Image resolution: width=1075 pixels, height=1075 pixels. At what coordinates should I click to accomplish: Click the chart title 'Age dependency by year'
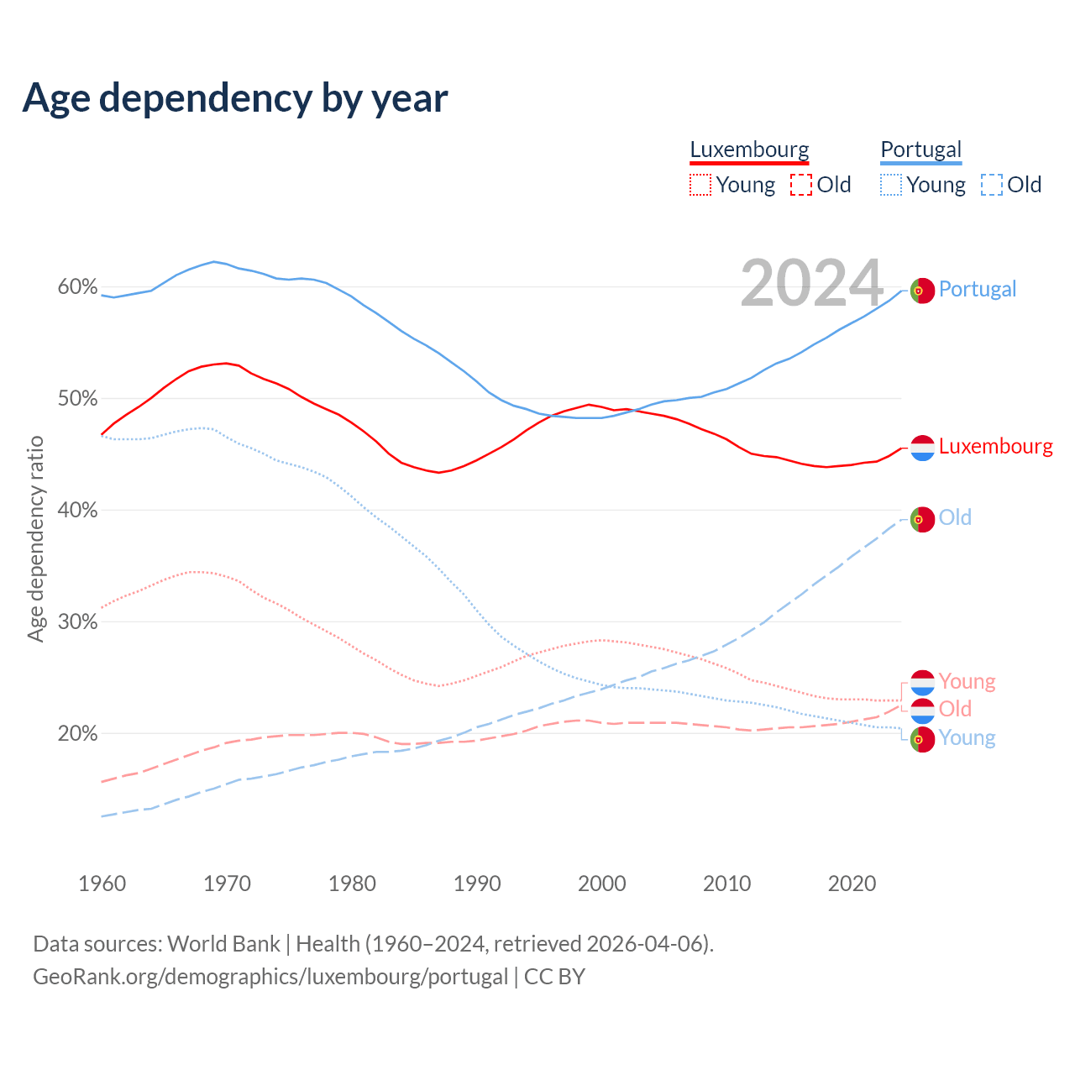pos(235,98)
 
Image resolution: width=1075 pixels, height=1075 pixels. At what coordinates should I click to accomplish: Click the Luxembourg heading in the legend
pos(749,149)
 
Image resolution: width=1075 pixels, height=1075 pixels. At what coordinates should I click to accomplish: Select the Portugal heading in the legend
pos(920,149)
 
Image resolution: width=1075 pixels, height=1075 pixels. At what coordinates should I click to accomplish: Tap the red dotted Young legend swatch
pos(700,185)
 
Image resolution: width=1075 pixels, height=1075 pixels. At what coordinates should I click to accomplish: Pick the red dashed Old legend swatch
pos(801,185)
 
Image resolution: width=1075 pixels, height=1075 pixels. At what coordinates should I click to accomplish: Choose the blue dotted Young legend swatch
pos(891,185)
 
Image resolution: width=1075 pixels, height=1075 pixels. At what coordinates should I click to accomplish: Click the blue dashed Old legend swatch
pos(992,185)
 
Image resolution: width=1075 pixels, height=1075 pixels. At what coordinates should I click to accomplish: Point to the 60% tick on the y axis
pos(77,287)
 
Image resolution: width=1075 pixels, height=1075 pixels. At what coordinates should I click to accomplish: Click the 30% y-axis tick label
pos(77,622)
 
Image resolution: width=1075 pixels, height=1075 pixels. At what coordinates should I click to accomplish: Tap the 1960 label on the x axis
pos(102,884)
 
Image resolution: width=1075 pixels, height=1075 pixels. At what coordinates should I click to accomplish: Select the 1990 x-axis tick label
pos(477,884)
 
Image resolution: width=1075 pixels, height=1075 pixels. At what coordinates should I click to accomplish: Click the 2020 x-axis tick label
pos(852,884)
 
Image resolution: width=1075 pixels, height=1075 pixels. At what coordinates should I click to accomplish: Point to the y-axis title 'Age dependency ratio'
pos(35,538)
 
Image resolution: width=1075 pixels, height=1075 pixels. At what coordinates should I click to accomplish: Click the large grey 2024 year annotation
pos(811,283)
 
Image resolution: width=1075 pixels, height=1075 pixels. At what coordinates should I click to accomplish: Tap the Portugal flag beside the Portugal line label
pos(922,290)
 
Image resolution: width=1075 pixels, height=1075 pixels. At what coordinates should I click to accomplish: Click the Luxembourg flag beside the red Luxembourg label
pos(922,448)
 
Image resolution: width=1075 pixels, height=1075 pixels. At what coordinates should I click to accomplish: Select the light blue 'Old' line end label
pos(955,517)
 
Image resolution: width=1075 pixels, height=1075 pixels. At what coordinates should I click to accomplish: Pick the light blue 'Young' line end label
pos(967,737)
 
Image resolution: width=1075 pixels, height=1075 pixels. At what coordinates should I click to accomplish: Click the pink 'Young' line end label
pos(967,681)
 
